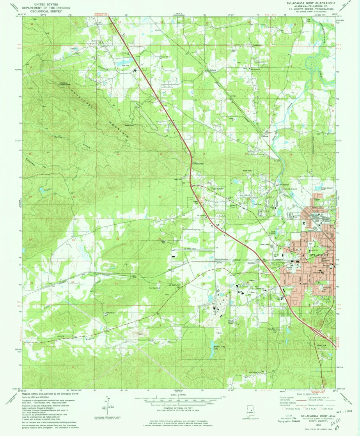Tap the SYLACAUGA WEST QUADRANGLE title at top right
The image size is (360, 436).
310,3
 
